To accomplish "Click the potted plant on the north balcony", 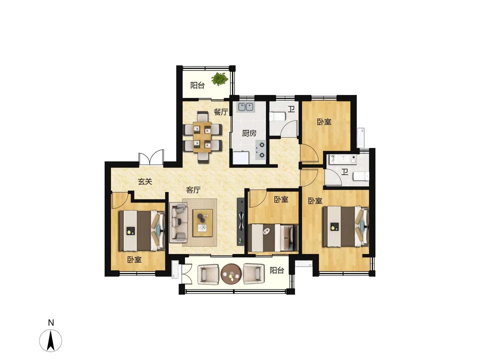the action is click(x=220, y=79).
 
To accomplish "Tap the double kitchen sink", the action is click(x=246, y=107).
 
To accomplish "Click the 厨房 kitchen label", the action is click(x=249, y=133).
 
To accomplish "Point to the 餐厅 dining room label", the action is click(x=221, y=112).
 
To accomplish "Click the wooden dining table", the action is click(x=202, y=137).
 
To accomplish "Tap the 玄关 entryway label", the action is click(x=145, y=181).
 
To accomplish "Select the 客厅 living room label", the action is click(x=193, y=190).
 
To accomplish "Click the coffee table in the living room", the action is click(x=202, y=223).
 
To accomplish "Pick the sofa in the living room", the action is click(x=178, y=223).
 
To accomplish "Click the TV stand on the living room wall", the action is click(x=241, y=221).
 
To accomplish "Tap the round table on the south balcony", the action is click(x=231, y=274).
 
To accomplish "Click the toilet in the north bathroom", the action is click(x=278, y=116).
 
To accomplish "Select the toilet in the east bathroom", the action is click(x=361, y=176).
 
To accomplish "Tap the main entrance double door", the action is click(x=151, y=157).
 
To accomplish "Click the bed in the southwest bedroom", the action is click(x=142, y=231).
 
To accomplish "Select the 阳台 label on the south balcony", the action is click(x=277, y=270).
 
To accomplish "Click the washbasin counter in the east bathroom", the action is click(x=342, y=159).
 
